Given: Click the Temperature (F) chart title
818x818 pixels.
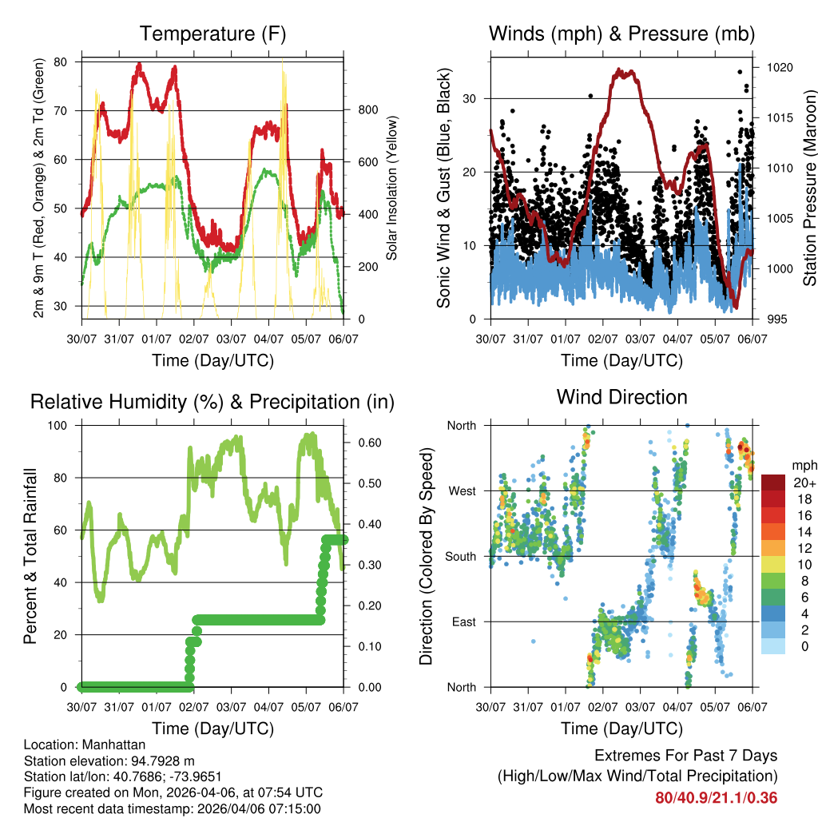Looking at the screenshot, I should pyautogui.click(x=212, y=34).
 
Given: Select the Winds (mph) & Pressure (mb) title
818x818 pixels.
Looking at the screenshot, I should pyautogui.click(x=621, y=34).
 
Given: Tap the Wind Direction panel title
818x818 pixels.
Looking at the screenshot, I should pyautogui.click(x=621, y=397).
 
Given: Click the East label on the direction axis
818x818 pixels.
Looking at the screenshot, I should pyautogui.click(x=463, y=621).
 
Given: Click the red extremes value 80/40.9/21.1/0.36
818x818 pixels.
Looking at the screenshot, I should pyautogui.click(x=717, y=797).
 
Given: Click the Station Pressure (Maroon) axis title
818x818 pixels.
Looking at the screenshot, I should pyautogui.click(x=809, y=188).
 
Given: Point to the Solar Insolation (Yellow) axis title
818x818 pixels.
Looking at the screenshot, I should pyautogui.click(x=392, y=188).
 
